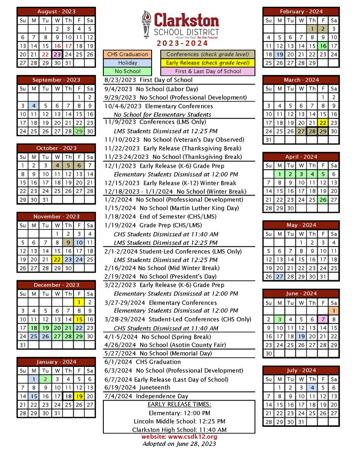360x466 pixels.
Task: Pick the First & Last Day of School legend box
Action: click(x=208, y=71)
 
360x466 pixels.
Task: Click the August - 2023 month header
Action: click(x=56, y=11)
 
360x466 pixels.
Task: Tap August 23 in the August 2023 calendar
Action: click(x=56, y=54)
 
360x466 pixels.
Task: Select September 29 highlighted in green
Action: click(x=79, y=132)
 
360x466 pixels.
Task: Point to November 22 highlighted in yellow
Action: click(x=56, y=259)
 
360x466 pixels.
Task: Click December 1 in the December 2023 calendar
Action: click(x=79, y=302)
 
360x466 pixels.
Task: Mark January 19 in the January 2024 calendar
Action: click(x=79, y=396)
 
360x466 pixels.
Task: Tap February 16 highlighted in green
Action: click(x=323, y=46)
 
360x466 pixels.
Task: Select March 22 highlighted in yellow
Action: click(x=323, y=123)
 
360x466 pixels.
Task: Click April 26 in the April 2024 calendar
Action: click(x=323, y=199)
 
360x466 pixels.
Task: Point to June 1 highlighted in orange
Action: click(x=334, y=310)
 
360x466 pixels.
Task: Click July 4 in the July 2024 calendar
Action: click(x=312, y=388)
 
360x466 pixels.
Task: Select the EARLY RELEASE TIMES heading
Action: click(x=179, y=405)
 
